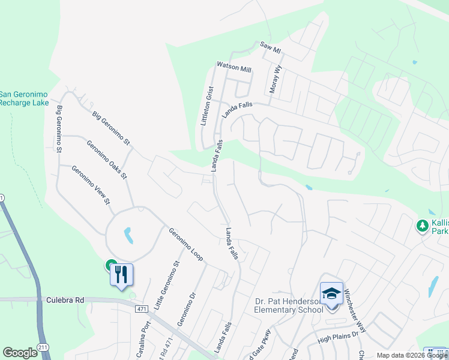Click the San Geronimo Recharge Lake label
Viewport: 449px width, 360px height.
point(24,98)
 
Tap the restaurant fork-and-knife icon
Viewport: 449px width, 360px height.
point(121,275)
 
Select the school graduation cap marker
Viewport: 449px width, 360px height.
point(331,293)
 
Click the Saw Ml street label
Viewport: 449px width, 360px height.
point(270,47)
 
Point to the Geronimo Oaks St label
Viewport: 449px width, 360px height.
point(106,160)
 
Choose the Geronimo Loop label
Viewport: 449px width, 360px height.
point(185,244)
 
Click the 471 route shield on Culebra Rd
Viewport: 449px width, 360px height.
point(141,308)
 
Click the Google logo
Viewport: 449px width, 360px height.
point(20,353)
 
